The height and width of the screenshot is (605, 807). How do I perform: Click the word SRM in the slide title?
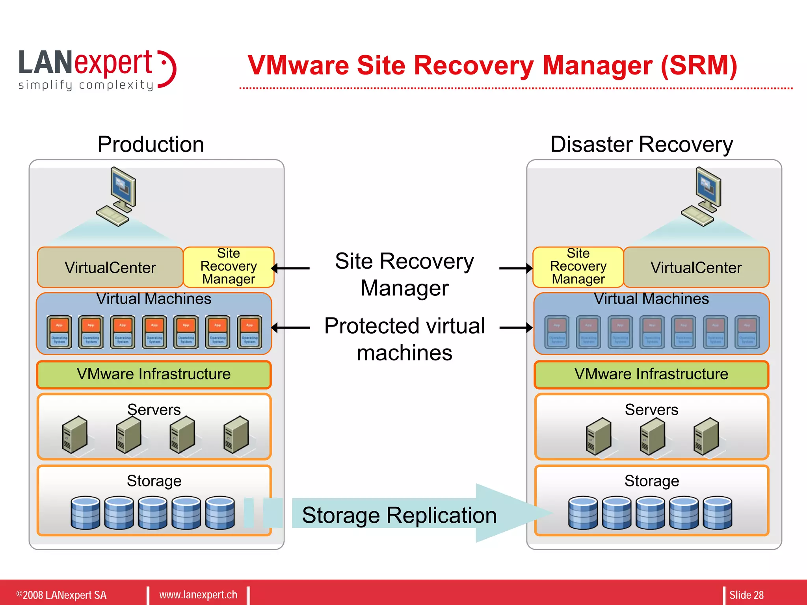pos(697,65)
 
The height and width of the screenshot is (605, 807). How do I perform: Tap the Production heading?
pos(151,144)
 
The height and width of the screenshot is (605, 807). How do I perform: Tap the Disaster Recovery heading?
pos(642,144)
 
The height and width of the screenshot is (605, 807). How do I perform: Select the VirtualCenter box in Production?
pos(110,267)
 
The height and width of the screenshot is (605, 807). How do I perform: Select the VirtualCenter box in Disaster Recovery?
pos(696,267)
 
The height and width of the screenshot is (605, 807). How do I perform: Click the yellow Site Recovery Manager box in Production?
pos(229,267)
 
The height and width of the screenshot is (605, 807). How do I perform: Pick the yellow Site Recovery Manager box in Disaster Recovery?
pos(578,267)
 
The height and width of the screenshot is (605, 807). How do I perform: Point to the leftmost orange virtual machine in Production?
pos(59,332)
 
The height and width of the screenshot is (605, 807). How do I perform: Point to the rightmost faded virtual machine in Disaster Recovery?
pos(747,332)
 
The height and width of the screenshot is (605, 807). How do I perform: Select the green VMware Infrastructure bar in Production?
pos(154,374)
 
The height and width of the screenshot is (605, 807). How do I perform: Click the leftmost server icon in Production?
pos(74,434)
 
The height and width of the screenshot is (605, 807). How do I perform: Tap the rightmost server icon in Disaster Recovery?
pos(706,436)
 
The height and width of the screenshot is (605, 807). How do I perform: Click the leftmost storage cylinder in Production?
pos(85,512)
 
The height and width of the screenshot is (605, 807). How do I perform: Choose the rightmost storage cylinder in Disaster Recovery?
pos(718,512)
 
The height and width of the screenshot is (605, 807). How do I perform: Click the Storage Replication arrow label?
pos(399,515)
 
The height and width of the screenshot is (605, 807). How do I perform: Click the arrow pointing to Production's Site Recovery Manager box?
pos(291,268)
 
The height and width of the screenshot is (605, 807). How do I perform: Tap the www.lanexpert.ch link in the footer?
pos(198,594)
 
